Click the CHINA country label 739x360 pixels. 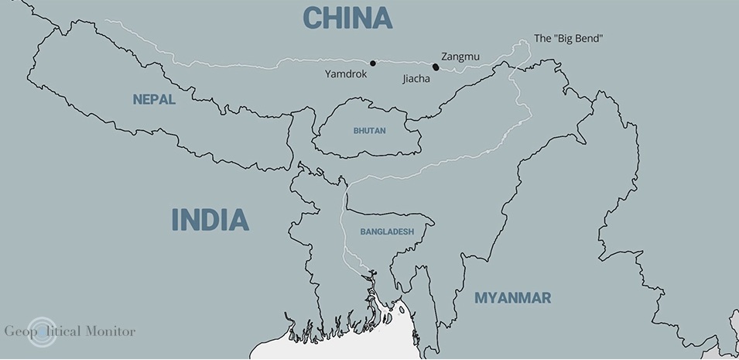[347, 17]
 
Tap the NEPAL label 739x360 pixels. [154, 100]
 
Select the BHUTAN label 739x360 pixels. [370, 131]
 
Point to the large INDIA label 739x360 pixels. [210, 220]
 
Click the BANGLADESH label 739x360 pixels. [387, 231]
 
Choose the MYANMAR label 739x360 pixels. [512, 298]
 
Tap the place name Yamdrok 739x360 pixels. [346, 74]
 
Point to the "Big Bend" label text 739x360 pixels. [569, 38]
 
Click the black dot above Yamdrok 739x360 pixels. [372, 63]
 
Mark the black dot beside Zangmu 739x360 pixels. [436, 67]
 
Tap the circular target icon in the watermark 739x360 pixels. [41, 331]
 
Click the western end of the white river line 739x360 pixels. [106, 22]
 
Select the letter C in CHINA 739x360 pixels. [313, 17]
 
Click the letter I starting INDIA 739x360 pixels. [175, 220]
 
